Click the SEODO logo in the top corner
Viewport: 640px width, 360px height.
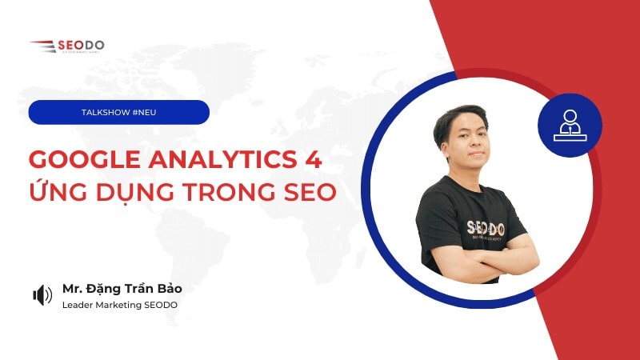(67, 46)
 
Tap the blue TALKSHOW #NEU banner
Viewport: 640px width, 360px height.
(118, 113)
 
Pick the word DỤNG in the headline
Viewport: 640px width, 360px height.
(128, 195)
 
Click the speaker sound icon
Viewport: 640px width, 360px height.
(42, 295)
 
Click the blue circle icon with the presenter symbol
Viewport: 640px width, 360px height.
(570, 125)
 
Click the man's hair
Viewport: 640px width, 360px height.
(459, 118)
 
